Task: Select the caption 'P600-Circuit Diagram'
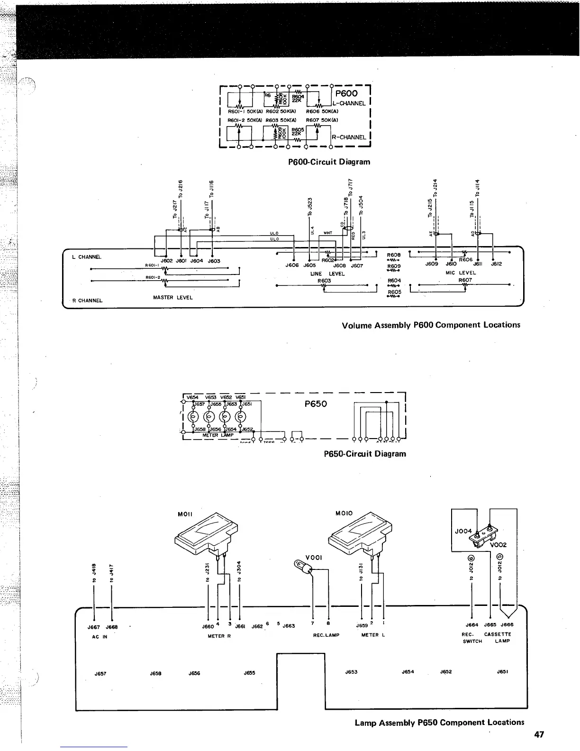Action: (x=329, y=162)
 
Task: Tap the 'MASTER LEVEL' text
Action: (x=172, y=298)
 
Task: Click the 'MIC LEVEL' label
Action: (x=461, y=273)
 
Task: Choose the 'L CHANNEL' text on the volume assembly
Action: (x=87, y=257)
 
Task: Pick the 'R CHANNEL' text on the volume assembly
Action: (x=87, y=301)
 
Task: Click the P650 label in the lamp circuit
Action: (x=316, y=404)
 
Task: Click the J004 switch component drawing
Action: (x=486, y=534)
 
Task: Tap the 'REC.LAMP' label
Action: (x=326, y=635)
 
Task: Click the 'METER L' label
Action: (x=372, y=635)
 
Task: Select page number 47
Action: (x=539, y=734)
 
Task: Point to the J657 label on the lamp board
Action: (x=100, y=673)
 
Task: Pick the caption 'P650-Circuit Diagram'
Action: (x=365, y=454)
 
